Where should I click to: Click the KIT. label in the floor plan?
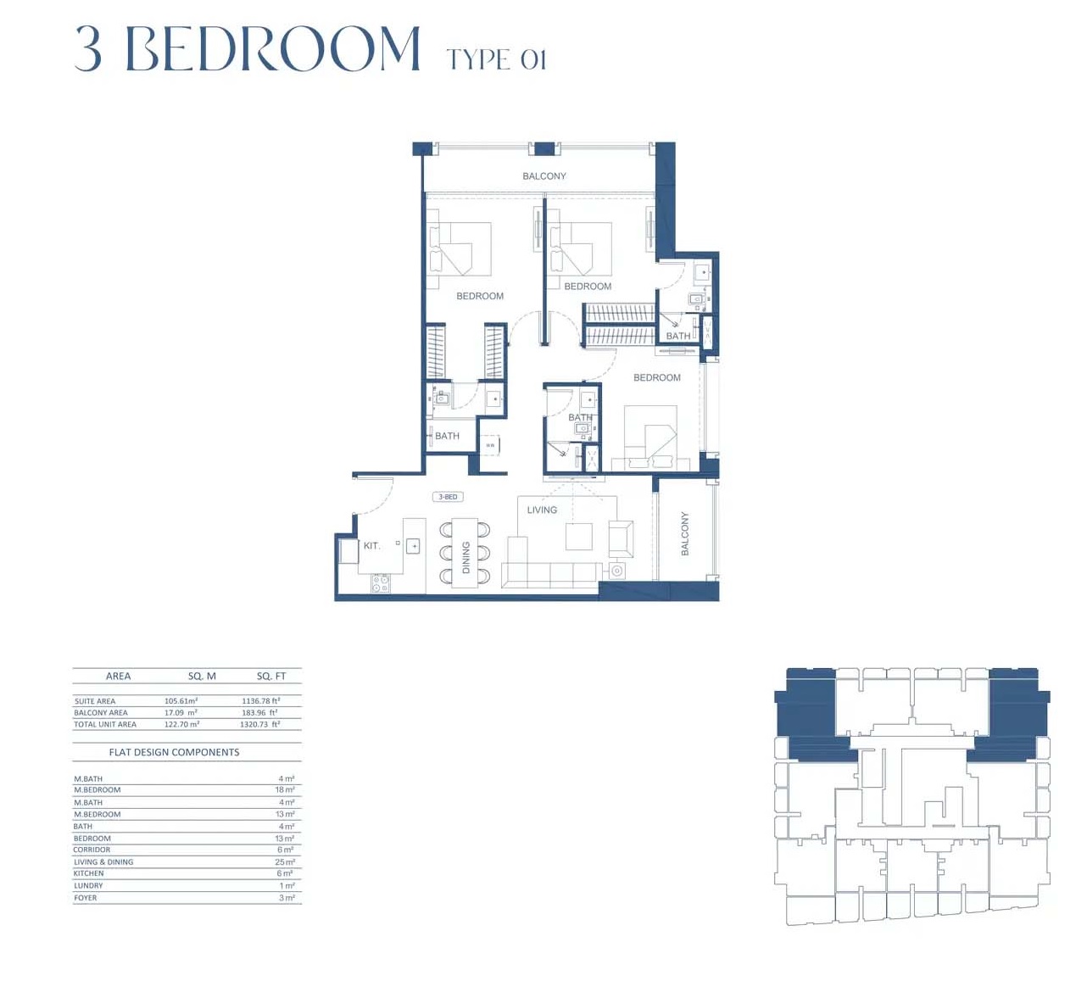point(371,545)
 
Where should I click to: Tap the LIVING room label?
point(542,510)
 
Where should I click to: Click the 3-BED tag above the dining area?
point(448,497)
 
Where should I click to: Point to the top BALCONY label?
point(544,176)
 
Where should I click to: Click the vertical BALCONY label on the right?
point(685,533)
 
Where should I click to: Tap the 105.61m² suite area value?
point(181,701)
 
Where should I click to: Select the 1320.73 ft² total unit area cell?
point(259,725)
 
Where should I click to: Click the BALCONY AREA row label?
point(100,713)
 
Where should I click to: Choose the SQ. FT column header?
point(271,676)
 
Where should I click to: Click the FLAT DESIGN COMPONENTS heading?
point(174,752)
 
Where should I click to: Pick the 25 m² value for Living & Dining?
point(285,862)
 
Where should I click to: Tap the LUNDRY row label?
point(88,886)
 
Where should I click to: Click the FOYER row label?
point(85,898)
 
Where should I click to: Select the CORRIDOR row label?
point(92,850)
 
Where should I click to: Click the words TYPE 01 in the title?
point(496,59)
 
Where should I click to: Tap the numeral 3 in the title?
point(88,48)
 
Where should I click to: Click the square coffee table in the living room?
point(579,537)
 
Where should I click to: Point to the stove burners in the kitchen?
point(381,583)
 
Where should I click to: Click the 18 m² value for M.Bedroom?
point(285,790)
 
